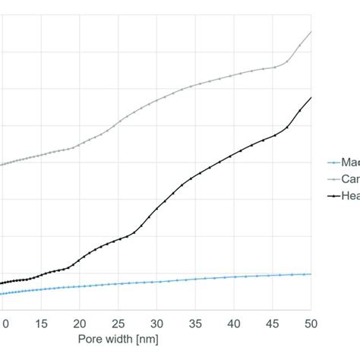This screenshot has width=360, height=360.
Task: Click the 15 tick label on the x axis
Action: (42, 322)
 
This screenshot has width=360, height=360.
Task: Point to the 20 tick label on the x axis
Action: (81, 322)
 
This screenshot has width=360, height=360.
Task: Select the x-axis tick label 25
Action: (119, 322)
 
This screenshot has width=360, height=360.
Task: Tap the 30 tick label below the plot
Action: (157, 322)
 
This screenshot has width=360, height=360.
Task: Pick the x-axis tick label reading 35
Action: (195, 322)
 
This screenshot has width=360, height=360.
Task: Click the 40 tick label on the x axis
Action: (234, 322)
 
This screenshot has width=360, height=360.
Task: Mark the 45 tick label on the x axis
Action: (273, 322)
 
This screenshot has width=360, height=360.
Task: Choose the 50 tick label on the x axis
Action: (311, 322)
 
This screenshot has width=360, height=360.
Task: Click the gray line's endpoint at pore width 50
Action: (311, 33)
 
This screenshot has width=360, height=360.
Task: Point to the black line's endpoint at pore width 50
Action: (311, 98)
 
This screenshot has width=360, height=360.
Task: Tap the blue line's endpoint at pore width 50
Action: (311, 273)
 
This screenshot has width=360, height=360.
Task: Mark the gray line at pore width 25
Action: (119, 122)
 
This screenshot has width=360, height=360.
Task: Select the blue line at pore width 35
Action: (196, 279)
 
